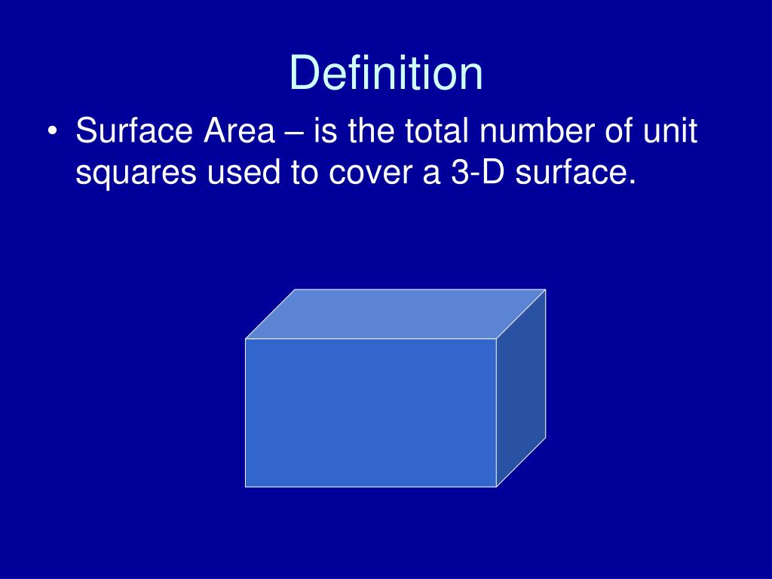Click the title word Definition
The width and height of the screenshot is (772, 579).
tap(386, 74)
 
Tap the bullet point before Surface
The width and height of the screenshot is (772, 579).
tap(51, 132)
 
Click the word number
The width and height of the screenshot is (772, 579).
tap(535, 132)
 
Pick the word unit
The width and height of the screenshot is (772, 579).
tap(672, 132)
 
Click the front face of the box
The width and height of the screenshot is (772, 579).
tap(370, 412)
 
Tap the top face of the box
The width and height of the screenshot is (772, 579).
tap(395, 314)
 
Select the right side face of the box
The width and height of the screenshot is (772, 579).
tap(521, 388)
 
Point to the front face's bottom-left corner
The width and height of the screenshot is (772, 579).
tap(246, 486)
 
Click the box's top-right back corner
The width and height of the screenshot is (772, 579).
tap(545, 289)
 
